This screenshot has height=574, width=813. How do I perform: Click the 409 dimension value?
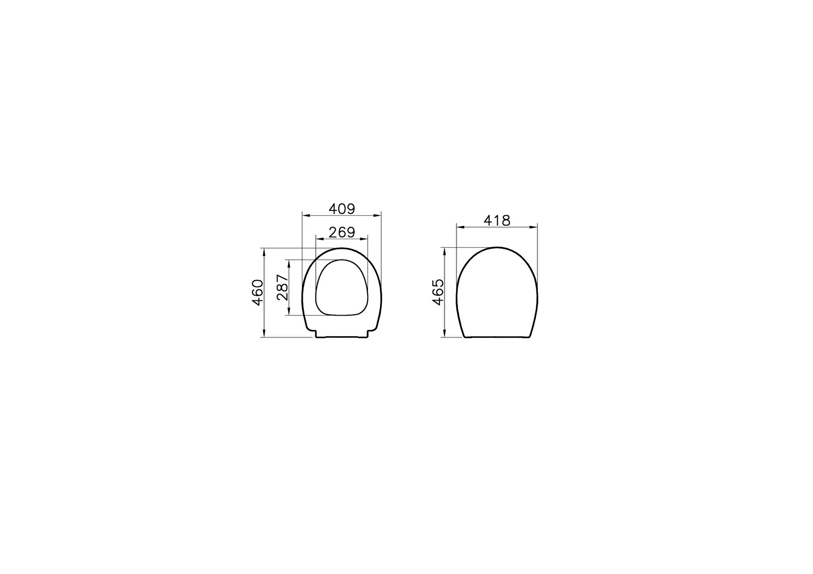(x=342, y=209)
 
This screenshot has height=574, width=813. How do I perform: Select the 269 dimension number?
(x=342, y=232)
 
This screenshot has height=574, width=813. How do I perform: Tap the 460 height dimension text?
(x=257, y=292)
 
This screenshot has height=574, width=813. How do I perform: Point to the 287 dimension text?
(x=282, y=287)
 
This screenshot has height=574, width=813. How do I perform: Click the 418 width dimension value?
(x=497, y=220)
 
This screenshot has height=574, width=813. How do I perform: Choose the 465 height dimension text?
(x=438, y=292)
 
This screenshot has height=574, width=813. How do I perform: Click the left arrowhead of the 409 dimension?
(x=306, y=216)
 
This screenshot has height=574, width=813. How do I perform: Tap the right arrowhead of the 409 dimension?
(x=378, y=216)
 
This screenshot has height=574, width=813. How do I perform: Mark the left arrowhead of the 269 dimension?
(x=320, y=239)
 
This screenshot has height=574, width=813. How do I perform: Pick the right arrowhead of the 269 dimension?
(x=364, y=239)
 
